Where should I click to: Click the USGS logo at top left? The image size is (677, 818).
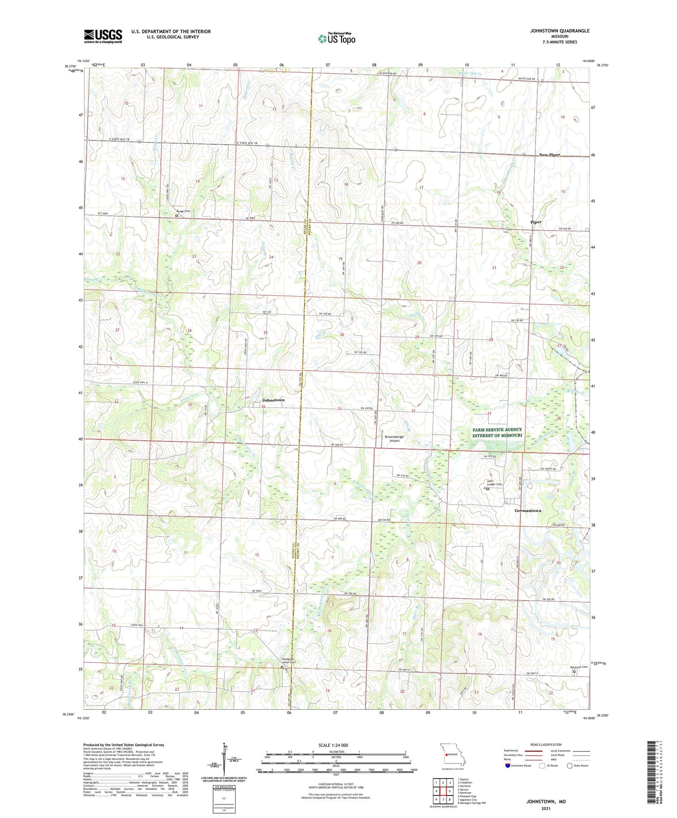(x=103, y=36)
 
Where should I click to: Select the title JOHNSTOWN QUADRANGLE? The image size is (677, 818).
(x=559, y=31)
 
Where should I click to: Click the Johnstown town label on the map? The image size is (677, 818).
(x=273, y=400)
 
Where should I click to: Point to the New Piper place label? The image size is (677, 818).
(x=549, y=155)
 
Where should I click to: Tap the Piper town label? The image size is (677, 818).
(x=536, y=222)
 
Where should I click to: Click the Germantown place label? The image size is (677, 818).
(x=528, y=511)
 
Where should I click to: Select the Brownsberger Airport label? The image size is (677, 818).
(x=394, y=439)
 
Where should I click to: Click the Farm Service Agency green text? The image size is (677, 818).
(x=497, y=432)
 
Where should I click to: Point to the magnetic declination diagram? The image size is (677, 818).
(x=227, y=763)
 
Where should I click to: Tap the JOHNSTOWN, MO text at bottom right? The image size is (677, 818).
(x=546, y=802)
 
